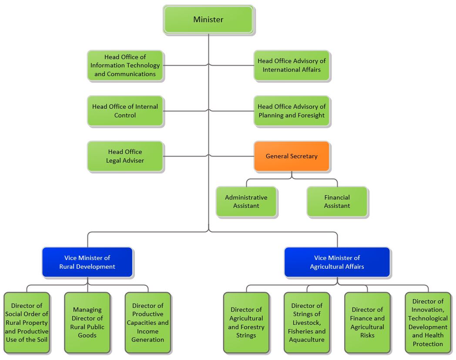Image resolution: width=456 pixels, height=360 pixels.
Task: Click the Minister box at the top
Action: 208,20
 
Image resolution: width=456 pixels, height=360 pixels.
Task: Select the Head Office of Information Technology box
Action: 125,65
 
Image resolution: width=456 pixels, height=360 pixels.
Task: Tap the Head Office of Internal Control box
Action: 125,111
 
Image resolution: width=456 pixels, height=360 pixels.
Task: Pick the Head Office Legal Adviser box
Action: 125,156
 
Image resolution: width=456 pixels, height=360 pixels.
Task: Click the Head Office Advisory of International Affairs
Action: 292,65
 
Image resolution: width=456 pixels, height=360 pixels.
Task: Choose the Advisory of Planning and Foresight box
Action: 292,111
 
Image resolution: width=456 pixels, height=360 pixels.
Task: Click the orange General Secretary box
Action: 292,156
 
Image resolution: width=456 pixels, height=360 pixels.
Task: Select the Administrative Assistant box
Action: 246,202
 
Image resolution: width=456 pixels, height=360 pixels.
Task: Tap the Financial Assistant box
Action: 337,202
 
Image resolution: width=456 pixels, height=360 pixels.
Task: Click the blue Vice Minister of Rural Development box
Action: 87,262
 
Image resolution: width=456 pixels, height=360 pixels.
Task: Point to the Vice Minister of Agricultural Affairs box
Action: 337,262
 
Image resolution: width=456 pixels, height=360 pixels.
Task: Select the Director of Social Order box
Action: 27,323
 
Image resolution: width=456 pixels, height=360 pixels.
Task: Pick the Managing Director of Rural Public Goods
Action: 87,323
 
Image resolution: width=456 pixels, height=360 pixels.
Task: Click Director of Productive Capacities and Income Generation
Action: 148,323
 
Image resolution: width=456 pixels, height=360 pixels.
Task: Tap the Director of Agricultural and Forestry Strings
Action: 246,323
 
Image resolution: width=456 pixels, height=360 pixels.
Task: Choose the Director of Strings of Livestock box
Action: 307,323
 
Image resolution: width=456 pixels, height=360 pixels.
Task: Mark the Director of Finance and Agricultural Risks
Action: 367,323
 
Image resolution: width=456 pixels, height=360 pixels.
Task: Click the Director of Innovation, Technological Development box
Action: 428,323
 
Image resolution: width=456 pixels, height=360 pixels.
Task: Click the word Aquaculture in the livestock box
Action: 307,340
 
